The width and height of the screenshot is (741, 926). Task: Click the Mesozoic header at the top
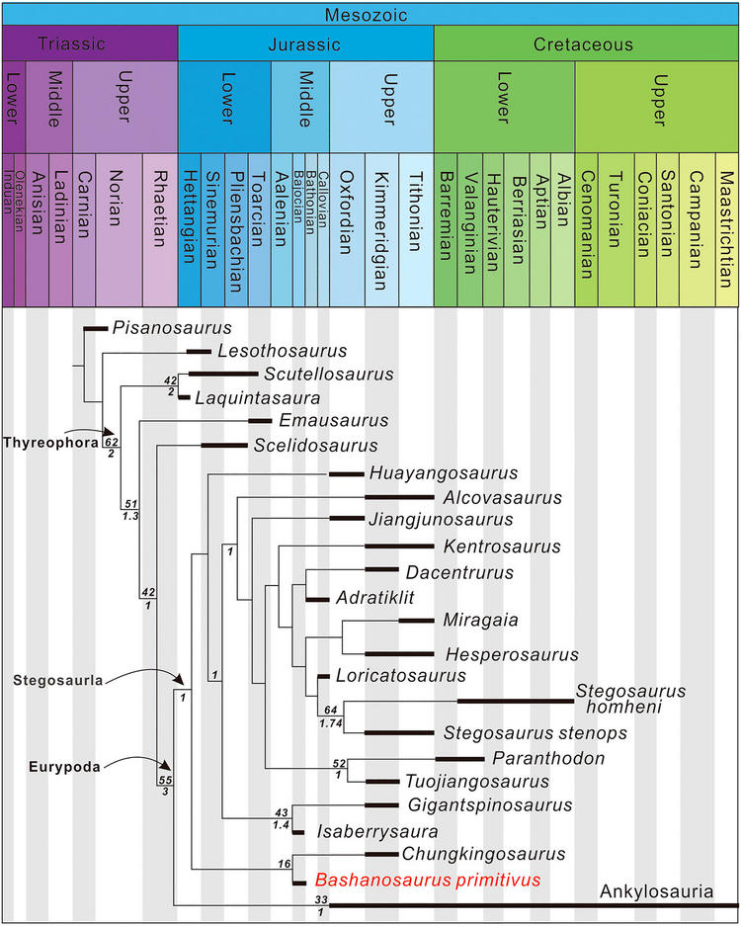point(370,14)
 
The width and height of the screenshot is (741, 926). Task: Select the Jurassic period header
point(305,44)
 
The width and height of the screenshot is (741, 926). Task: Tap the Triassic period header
point(89,44)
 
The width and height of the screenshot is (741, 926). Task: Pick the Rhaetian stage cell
point(159,229)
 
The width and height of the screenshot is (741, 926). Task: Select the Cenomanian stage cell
point(587,229)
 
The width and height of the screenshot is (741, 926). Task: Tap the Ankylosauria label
point(656,892)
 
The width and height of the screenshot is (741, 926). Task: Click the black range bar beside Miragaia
point(416,621)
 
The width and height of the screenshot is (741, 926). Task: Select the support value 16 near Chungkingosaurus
point(286,865)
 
